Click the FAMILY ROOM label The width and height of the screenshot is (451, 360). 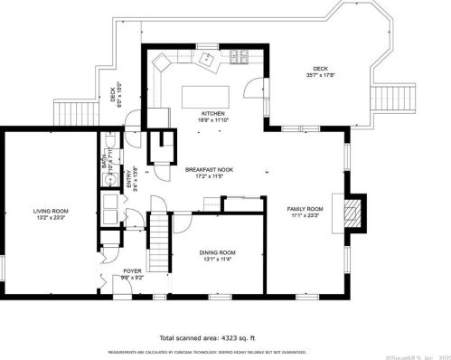click(x=305, y=209)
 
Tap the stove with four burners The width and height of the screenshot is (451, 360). click(x=240, y=59)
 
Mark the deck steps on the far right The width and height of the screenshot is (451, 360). click(x=399, y=93)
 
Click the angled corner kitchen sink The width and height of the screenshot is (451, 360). click(x=164, y=63)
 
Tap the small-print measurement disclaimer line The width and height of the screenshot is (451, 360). click(x=207, y=352)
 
